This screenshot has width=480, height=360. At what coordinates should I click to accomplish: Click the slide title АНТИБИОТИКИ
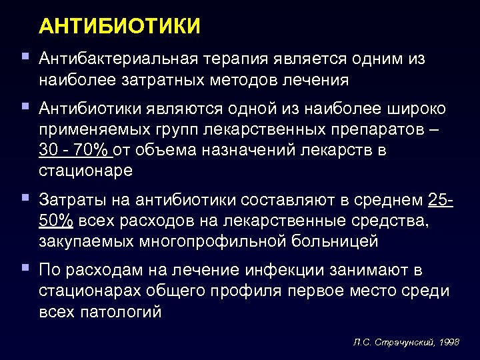(120, 27)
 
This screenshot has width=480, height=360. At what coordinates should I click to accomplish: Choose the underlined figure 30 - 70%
(76, 150)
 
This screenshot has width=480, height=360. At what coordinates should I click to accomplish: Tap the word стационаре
(86, 171)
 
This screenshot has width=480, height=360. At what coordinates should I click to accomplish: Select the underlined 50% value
(56, 221)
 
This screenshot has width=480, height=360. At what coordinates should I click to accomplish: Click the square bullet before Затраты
(25, 197)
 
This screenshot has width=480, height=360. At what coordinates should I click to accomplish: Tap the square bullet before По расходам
(25, 268)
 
